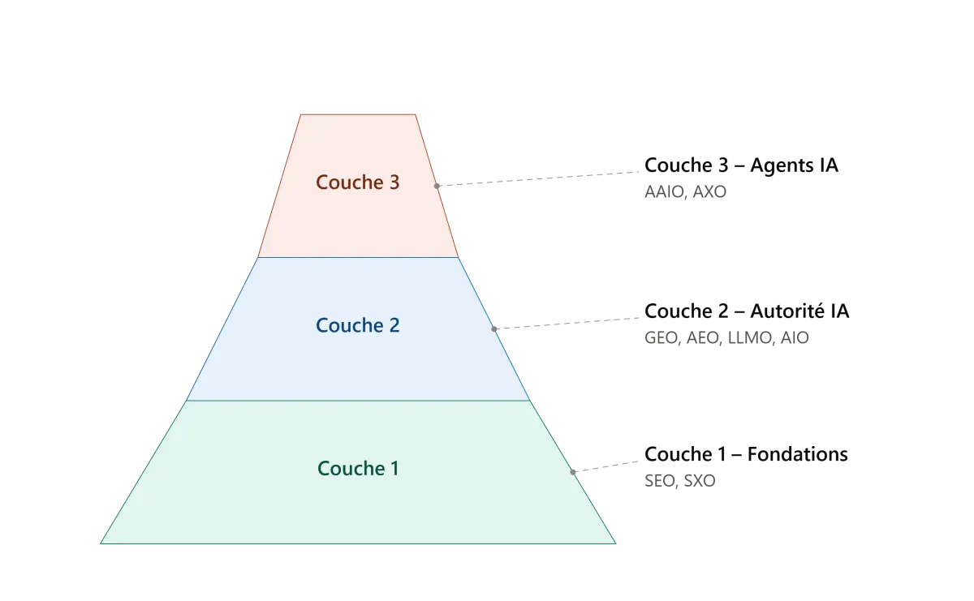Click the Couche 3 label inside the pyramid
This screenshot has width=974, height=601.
pos(357,182)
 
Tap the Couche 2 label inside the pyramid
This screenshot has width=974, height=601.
pos(357,325)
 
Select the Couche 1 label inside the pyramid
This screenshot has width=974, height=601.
pos(358,468)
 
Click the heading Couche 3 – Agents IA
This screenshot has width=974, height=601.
pos(741,165)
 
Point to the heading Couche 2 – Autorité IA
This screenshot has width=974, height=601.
pos(747,311)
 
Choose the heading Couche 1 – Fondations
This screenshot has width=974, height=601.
pos(746,454)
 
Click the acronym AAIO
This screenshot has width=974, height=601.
pos(665,191)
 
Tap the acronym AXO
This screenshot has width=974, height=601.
pos(709,191)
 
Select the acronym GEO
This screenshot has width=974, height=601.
pos(661,337)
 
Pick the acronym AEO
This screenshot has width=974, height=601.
pos(703,337)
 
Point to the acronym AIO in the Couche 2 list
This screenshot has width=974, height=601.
pos(795,337)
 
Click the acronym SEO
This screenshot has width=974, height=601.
pos(660,481)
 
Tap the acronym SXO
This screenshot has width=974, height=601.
pos(700,481)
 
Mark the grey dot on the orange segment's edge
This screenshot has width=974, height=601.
pos(437,186)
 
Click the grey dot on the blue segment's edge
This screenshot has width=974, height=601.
pos(494,329)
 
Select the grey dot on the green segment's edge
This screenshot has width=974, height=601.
pos(573,472)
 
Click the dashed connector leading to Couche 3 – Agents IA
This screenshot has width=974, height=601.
pos(537,179)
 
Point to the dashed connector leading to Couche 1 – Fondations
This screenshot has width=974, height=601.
pos(606,466)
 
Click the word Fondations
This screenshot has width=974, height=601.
pos(797,454)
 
